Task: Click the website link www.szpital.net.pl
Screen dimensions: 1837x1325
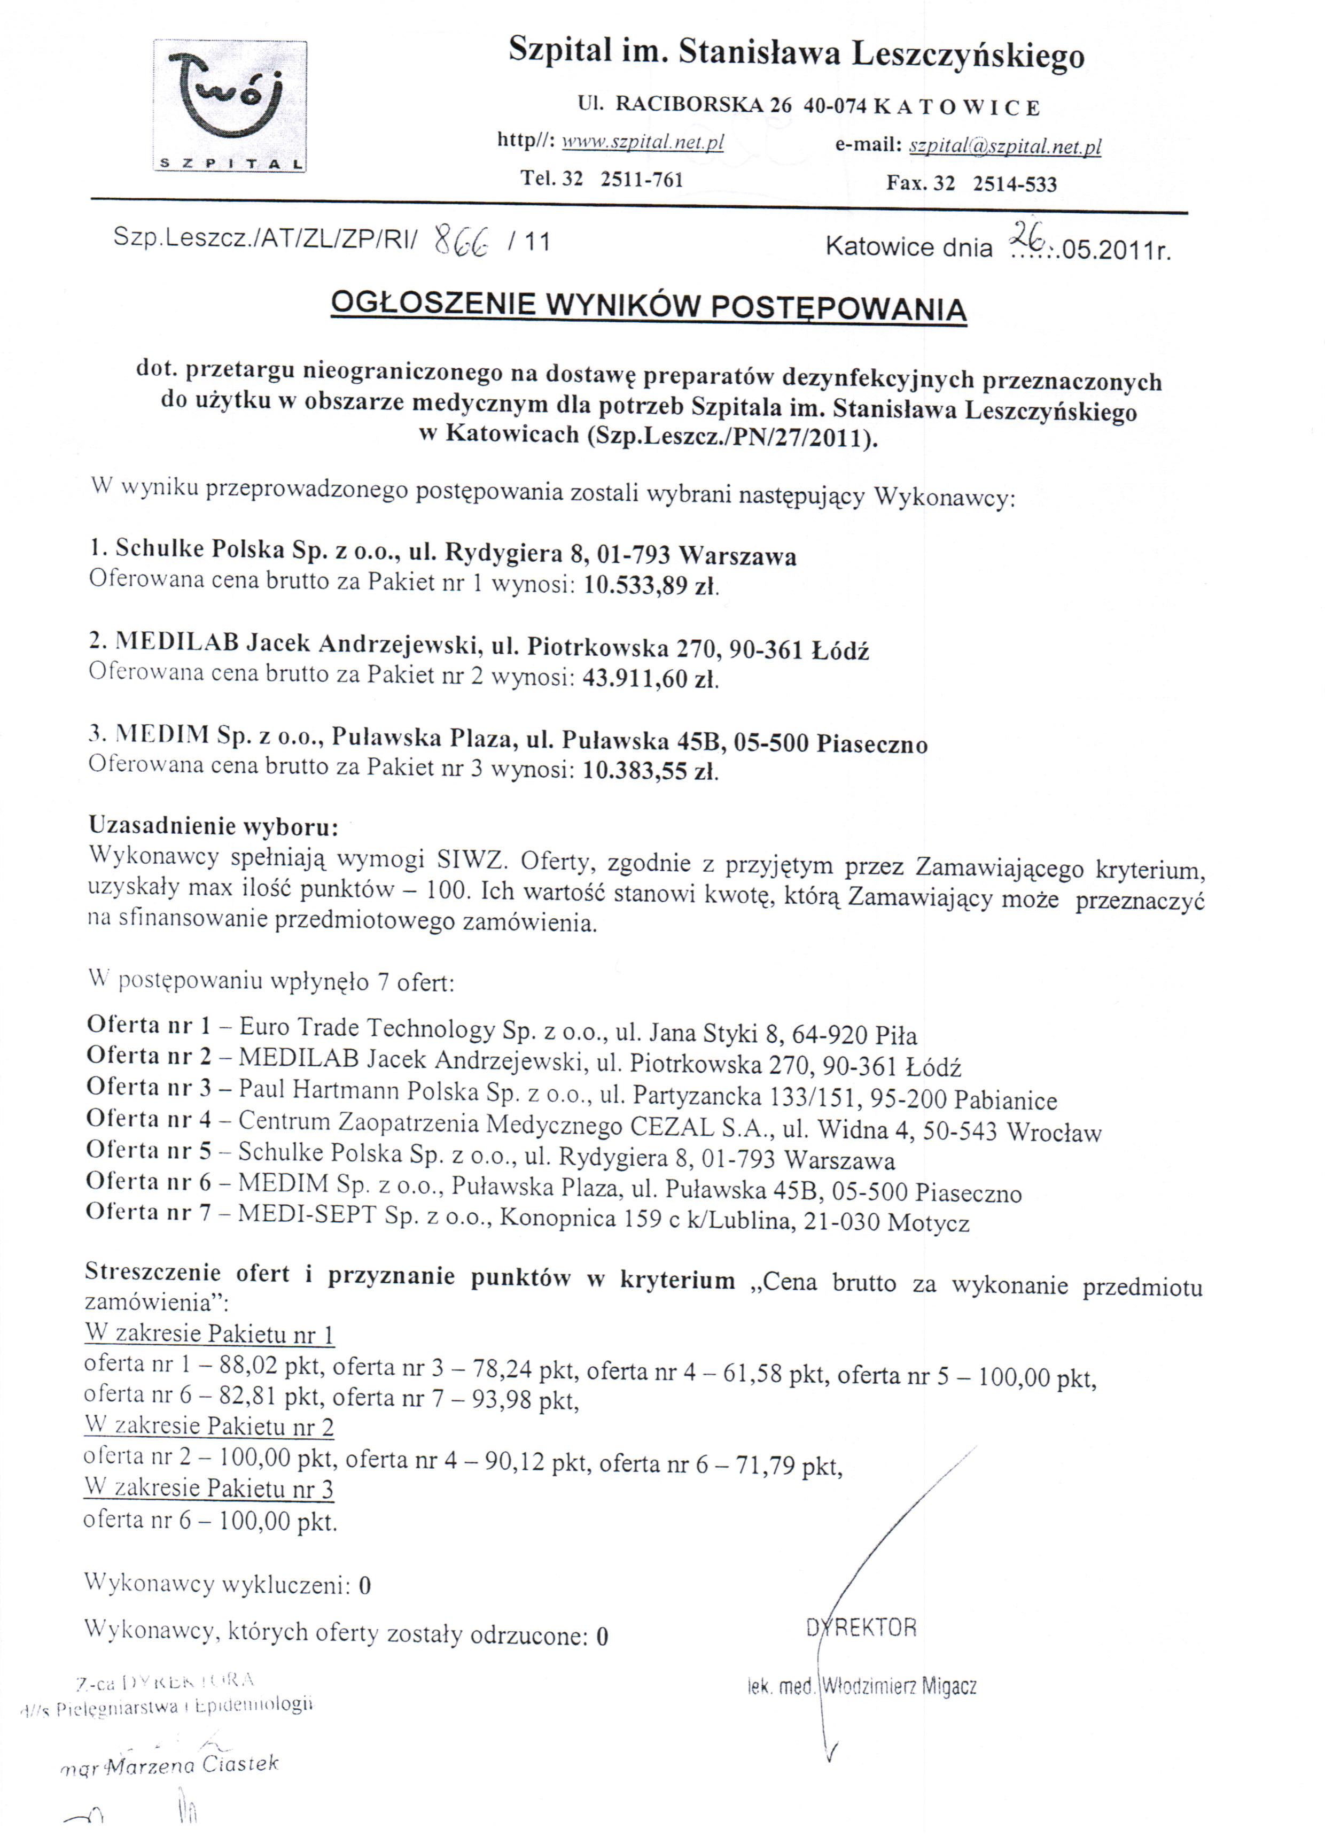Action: (642, 143)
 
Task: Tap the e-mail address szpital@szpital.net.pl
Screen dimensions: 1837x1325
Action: (1004, 146)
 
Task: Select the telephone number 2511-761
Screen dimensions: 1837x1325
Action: (642, 180)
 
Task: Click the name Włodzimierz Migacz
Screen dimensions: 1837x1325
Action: (899, 1686)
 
